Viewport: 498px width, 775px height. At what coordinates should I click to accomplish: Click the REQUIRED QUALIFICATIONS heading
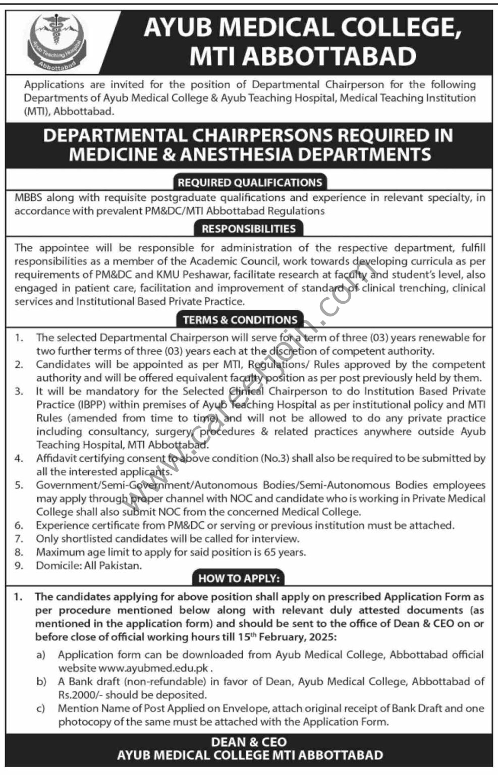coord(249,182)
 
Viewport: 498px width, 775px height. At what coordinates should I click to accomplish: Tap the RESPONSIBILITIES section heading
coord(248,229)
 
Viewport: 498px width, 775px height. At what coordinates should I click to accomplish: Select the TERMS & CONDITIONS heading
coord(240,320)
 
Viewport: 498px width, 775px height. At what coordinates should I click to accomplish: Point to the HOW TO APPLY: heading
coord(239,578)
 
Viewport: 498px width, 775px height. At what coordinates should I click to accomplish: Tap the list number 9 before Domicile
coord(19,566)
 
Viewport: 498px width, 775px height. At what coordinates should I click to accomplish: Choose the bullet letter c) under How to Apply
coord(40,708)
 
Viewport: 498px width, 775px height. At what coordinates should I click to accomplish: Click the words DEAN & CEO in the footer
coord(249,742)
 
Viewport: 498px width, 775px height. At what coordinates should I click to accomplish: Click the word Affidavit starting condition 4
coord(54,458)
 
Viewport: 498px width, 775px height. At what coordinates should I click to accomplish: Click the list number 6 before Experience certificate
coord(19,525)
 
